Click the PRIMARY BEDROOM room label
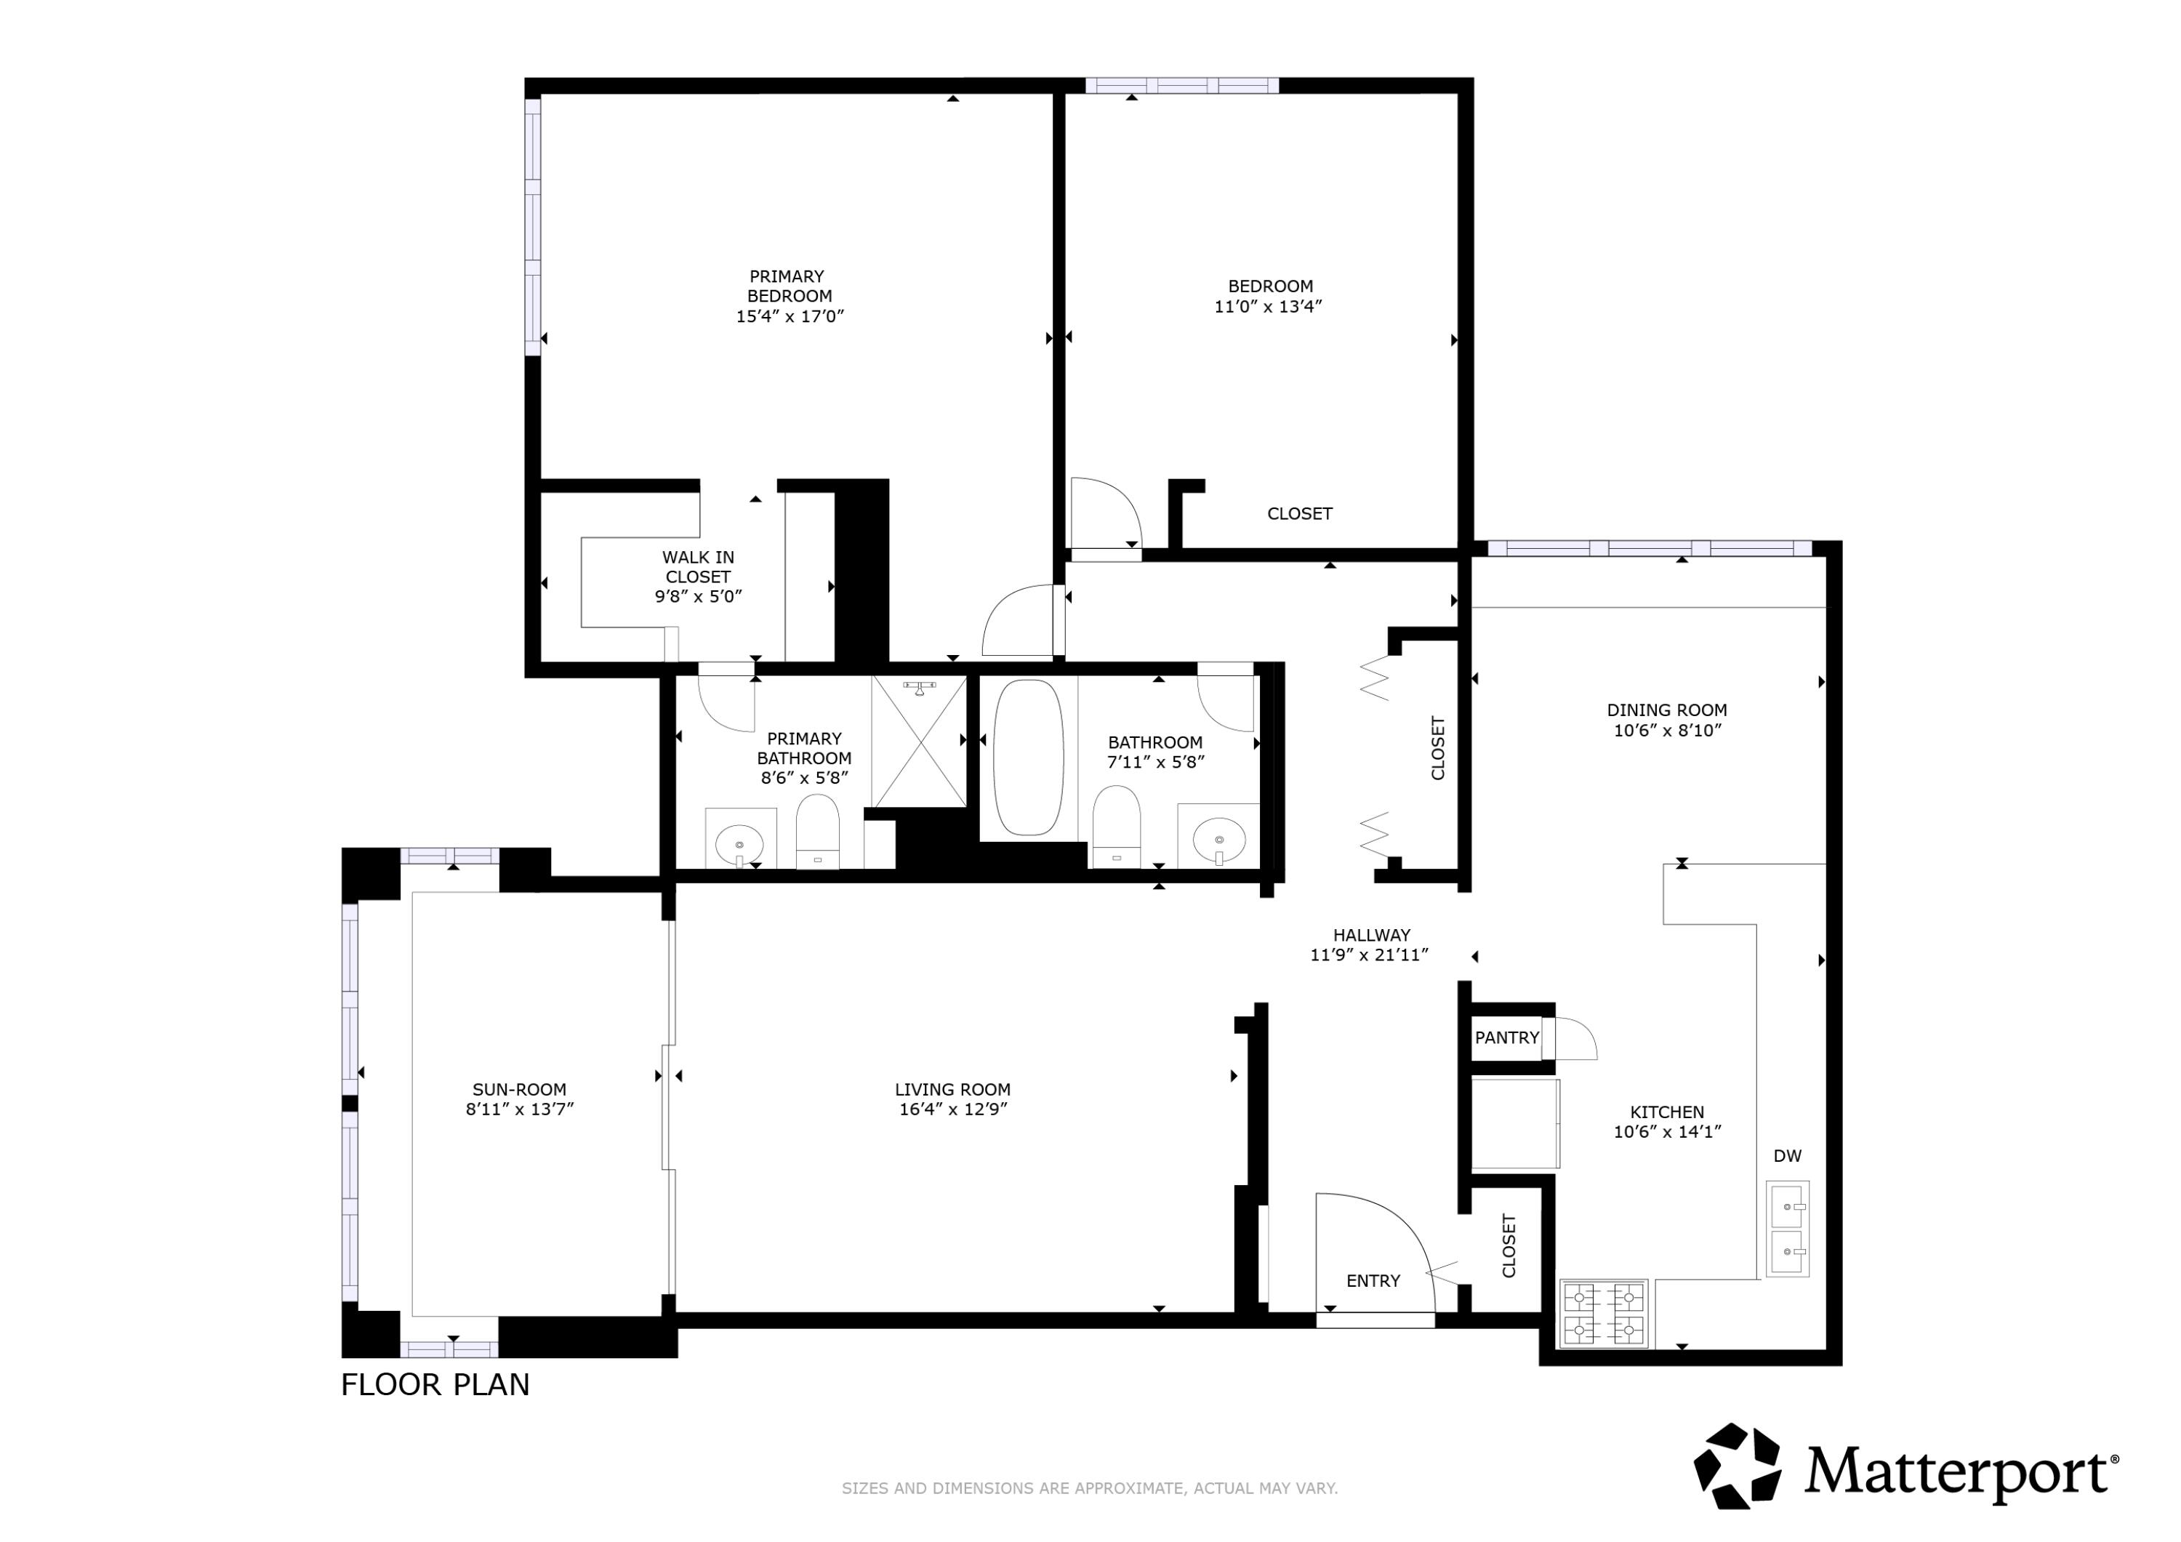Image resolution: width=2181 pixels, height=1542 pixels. [x=787, y=286]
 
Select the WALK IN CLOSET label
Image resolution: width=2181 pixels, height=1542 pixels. [x=697, y=567]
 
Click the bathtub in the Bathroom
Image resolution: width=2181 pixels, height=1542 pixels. [x=1028, y=758]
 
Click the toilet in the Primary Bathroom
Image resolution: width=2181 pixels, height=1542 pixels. [x=817, y=830]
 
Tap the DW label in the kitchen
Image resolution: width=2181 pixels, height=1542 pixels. [x=1787, y=1156]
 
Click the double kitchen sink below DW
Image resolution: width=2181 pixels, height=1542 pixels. [x=1787, y=1229]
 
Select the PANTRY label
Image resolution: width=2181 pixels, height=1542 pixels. [x=1506, y=1037]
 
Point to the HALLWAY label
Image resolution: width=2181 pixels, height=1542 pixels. [x=1370, y=935]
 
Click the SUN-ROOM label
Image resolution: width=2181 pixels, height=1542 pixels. [x=520, y=1090]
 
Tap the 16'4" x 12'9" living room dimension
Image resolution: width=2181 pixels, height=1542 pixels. [x=953, y=1109]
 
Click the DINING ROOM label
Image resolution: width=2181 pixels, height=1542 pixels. [x=1666, y=710]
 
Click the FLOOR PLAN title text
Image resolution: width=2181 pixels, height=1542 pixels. [x=435, y=1385]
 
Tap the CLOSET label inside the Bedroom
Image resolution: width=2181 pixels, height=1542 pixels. [x=1299, y=514]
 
